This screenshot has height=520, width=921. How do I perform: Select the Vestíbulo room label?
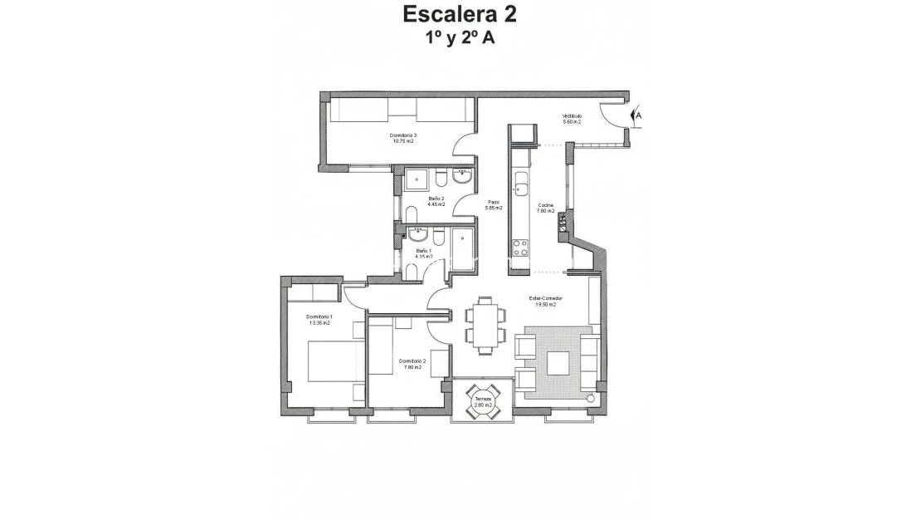coord(572,115)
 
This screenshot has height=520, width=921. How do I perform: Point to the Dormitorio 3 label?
coord(403,135)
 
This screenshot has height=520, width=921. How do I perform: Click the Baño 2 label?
coord(436,199)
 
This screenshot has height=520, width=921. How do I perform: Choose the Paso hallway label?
coord(494,202)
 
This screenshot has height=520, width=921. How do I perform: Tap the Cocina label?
coord(545,205)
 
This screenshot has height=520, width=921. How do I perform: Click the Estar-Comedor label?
coord(545,298)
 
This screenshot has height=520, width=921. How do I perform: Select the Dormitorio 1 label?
coord(319,317)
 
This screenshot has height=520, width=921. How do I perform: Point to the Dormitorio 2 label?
coord(412,361)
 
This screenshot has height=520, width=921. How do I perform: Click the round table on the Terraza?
coord(482,402)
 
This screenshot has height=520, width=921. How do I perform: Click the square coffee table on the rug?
coord(557,362)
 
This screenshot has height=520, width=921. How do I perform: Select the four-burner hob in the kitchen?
coord(521,246)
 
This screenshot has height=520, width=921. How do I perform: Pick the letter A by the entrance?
coord(640,117)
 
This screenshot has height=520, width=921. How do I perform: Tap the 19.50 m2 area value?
coord(545,305)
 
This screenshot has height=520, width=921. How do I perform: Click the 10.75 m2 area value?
coord(403,142)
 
